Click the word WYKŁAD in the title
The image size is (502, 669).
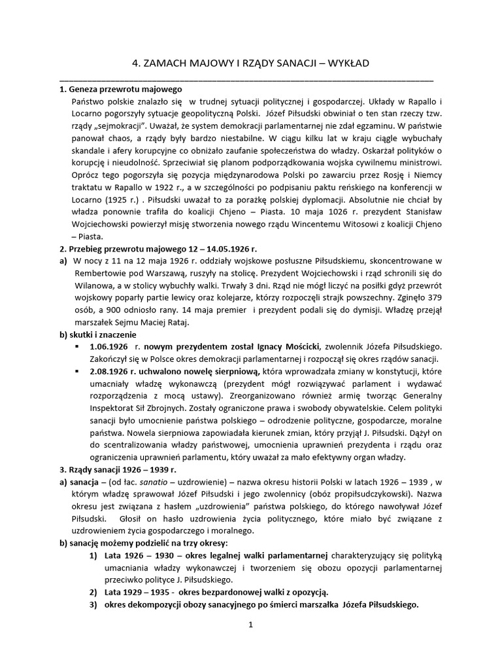click(x=350, y=63)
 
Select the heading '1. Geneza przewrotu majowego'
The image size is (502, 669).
click(x=120, y=90)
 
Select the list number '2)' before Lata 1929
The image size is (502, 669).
click(x=93, y=592)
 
